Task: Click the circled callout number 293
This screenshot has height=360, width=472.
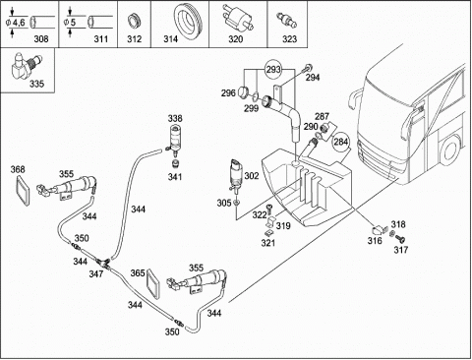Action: point(273,70)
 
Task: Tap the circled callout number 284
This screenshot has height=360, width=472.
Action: point(340,142)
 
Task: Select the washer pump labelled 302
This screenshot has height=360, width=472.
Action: point(237,174)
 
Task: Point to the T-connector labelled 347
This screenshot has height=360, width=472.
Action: point(102,263)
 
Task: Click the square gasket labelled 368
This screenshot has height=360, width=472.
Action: point(24,190)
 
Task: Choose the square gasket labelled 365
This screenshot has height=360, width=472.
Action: point(152,284)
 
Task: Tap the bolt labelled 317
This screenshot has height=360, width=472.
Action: point(400,238)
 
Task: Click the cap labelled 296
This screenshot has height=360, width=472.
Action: point(244,91)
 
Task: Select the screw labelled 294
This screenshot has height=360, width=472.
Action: point(307,69)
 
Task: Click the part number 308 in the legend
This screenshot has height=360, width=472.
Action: point(41,39)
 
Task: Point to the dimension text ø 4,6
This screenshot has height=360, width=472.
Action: point(16,23)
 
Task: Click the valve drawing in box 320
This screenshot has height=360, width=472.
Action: point(236,19)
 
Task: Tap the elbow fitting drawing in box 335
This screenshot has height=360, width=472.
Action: point(27,67)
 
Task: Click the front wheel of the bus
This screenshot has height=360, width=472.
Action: point(450,150)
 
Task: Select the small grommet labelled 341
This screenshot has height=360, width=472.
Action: point(176,164)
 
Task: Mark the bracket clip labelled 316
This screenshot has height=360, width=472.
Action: point(380,230)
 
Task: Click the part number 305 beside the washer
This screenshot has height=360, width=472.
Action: point(224,204)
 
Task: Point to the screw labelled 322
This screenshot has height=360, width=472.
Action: point(269,210)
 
